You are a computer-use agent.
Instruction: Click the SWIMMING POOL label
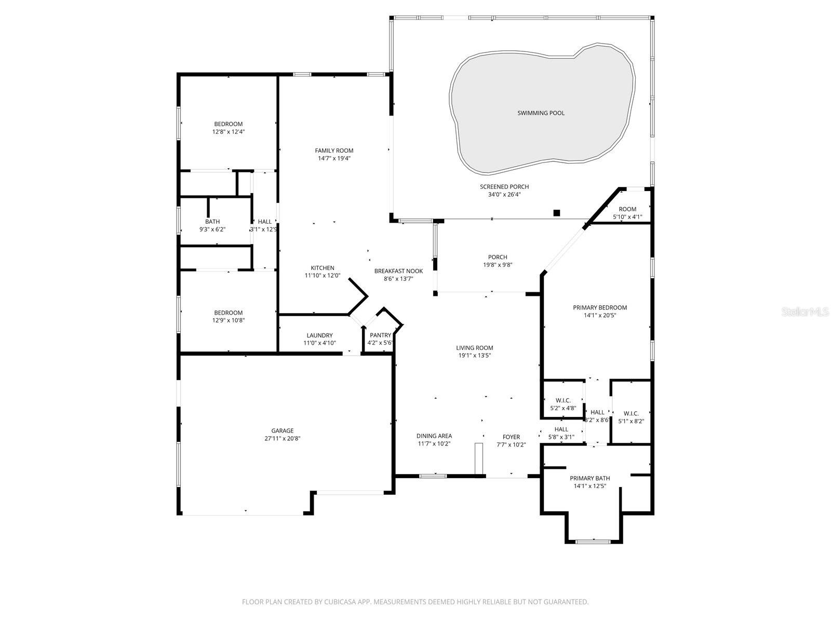click(541, 113)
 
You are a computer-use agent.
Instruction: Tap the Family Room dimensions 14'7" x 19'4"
click(334, 158)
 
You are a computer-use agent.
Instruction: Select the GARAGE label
click(282, 430)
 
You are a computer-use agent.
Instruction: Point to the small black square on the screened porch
click(557, 212)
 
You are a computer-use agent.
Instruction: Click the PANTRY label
click(380, 335)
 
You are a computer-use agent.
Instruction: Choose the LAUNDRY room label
click(319, 335)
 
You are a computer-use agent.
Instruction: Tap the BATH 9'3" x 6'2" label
click(212, 222)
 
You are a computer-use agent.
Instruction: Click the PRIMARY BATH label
click(589, 478)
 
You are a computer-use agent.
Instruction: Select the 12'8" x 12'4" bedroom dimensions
click(228, 132)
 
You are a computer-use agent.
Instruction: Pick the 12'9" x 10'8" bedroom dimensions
click(228, 320)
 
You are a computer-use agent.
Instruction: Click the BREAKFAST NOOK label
click(398, 271)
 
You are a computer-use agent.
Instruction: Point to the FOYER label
click(511, 437)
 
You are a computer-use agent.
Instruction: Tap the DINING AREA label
click(434, 436)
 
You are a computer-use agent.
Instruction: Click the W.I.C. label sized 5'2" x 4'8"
click(563, 400)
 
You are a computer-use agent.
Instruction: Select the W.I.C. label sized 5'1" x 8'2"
click(631, 414)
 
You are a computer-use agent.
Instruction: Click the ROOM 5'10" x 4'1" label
click(627, 209)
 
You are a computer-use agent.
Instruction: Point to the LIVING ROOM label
click(474, 348)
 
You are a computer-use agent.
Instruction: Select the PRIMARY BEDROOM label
click(600, 307)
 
